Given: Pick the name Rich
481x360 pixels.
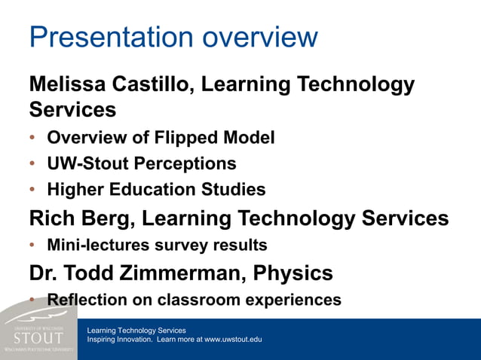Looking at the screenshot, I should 51,218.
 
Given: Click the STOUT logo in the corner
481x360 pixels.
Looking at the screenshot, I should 38,336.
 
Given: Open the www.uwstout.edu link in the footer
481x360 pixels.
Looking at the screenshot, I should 233,340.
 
